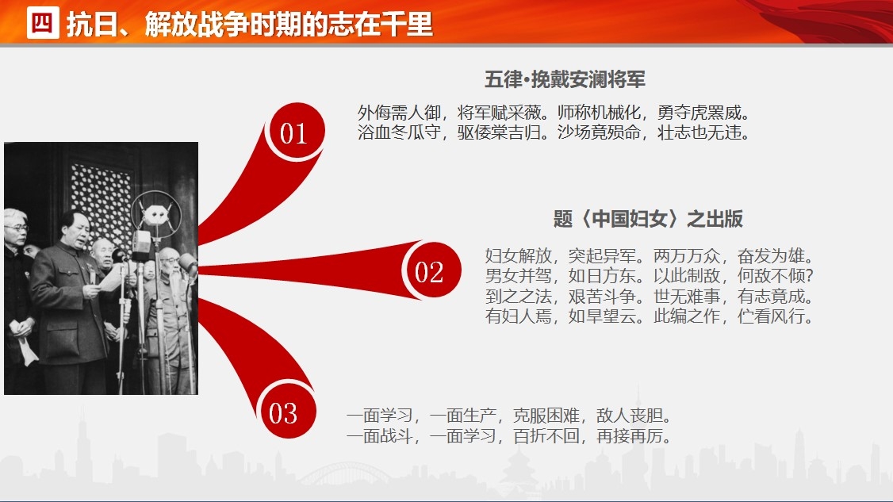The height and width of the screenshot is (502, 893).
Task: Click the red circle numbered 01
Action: coord(294,132)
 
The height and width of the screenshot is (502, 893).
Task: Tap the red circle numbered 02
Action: coord(431,270)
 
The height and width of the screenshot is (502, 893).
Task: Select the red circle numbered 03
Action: coord(286,411)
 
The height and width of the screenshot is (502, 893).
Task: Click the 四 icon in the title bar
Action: coord(43,23)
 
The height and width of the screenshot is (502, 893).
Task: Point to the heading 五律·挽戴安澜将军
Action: coord(565,79)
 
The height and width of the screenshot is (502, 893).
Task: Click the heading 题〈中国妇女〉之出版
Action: coord(648,219)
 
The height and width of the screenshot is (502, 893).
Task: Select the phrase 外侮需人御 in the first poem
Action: coord(399,113)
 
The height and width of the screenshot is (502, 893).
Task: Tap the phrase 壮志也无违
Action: coord(699,132)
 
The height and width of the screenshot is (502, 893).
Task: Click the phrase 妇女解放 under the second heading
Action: coord(519,256)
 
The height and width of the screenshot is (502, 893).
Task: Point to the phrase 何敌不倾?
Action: coord(775,276)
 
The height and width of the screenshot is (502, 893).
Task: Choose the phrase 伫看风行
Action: coord(771,316)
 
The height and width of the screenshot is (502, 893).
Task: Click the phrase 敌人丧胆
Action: coord(630,416)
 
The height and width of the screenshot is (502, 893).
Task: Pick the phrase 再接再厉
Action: coord(630,436)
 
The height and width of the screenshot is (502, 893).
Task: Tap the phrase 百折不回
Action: coord(546,436)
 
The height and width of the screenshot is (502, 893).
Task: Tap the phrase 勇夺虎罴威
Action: coord(699,113)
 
